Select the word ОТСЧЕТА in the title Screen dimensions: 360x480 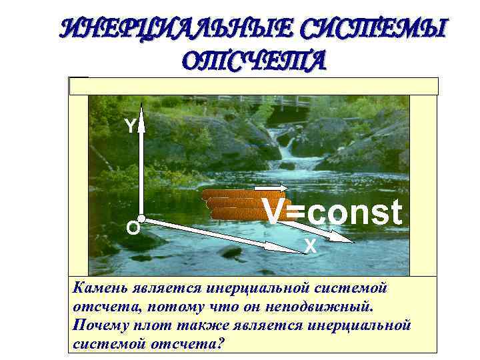pyautogui.click(x=253, y=61)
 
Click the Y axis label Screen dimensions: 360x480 pyautogui.click(x=131, y=126)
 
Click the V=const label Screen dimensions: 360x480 pyautogui.click(x=333, y=213)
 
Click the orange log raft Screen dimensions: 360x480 pyautogui.click(x=233, y=205)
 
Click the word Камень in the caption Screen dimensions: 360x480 pyautogui.click(x=97, y=288)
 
